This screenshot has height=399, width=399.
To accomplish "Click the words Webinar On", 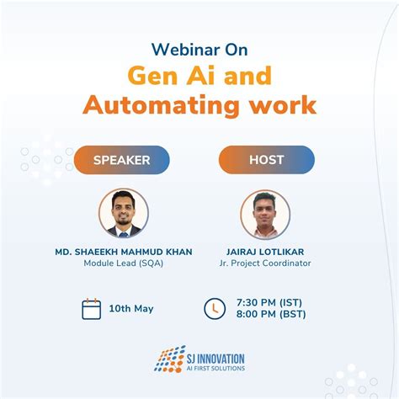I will pyautogui.click(x=199, y=48).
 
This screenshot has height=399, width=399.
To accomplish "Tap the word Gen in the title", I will pyautogui.click(x=157, y=77).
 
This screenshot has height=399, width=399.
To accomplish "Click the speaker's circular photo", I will pyautogui.click(x=123, y=213).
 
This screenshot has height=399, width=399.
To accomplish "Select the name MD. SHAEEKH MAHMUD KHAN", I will pyautogui.click(x=123, y=250).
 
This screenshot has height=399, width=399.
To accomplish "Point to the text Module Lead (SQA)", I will pyautogui.click(x=123, y=263).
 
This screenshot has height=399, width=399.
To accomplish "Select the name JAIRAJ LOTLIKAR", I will pyautogui.click(x=264, y=250).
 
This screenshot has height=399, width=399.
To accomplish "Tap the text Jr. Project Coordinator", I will pyautogui.click(x=264, y=263).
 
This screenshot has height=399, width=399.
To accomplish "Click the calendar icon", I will pyautogui.click(x=92, y=308).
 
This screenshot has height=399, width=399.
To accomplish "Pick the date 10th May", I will pyautogui.click(x=131, y=309).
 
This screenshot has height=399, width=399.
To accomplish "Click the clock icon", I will pyautogui.click(x=215, y=308).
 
